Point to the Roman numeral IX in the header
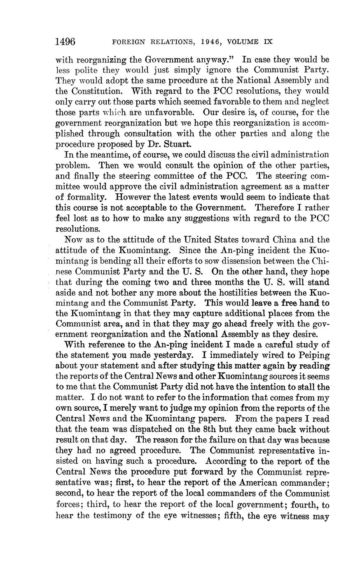tap(268, 42)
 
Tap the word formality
tap(87, 197)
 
